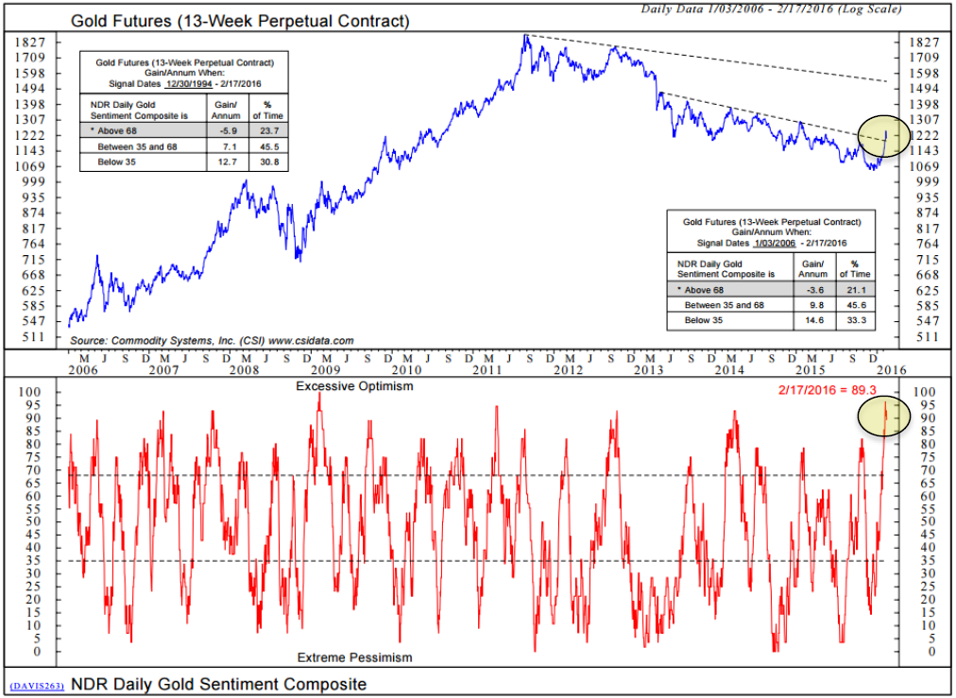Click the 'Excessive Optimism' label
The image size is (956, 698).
[x=354, y=386]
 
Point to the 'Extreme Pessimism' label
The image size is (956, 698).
[x=354, y=656]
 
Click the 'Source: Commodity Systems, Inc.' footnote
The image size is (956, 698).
[x=212, y=340]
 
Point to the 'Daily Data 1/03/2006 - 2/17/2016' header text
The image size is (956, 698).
[x=770, y=9]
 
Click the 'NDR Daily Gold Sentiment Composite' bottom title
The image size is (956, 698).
[x=218, y=684]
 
